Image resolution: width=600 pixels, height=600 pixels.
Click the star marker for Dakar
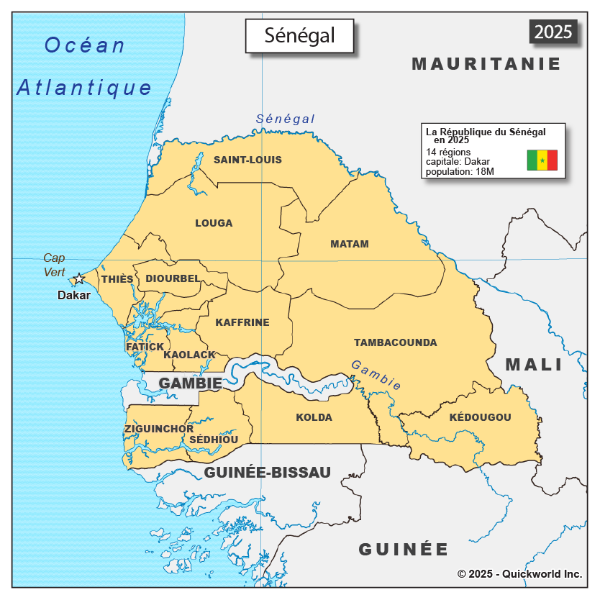point(78,279)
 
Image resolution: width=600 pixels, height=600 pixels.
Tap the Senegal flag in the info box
point(542,160)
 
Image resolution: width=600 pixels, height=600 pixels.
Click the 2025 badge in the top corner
point(553,32)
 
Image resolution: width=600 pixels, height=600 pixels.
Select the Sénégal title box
point(300,35)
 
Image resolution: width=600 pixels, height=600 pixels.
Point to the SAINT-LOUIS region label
point(247,160)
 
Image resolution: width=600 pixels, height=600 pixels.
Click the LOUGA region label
point(214,223)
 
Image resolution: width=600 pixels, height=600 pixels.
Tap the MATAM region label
point(349,244)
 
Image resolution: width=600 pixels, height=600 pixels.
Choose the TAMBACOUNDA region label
point(395,342)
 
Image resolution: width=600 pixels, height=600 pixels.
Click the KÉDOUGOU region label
point(480,417)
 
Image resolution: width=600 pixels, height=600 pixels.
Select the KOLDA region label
point(314,417)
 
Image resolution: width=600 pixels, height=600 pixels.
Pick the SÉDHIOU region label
point(214,440)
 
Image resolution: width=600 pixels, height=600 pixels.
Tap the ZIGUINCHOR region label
point(158,429)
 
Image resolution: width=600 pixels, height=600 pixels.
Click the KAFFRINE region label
point(242,322)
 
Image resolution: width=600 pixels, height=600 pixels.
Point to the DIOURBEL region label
point(173,278)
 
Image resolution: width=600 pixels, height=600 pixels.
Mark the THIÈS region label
point(117,279)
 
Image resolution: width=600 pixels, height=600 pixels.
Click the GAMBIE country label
point(190,383)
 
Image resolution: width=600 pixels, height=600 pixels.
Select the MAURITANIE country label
point(486,64)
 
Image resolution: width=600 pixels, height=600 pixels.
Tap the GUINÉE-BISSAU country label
point(267,473)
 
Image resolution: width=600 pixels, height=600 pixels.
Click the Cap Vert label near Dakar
point(54,265)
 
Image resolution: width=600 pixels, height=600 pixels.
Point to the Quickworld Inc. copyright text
point(519,574)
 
